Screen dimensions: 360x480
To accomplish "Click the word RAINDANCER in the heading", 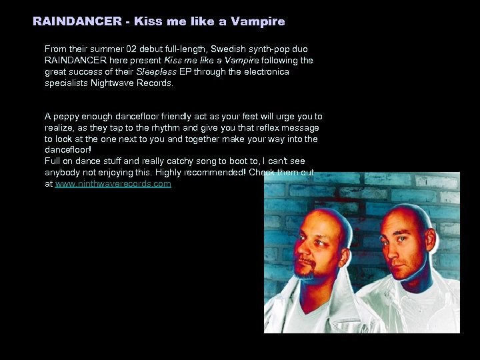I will point(77,21).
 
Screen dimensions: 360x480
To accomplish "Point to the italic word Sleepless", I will point(157,72).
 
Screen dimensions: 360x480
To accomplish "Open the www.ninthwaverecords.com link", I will point(113,184).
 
